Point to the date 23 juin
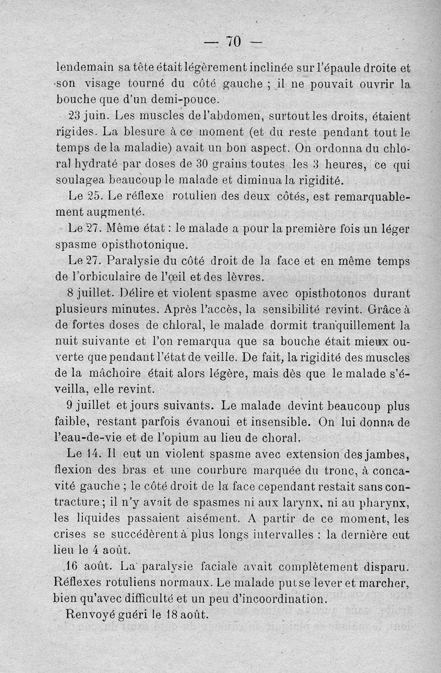(88, 116)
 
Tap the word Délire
(128, 292)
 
